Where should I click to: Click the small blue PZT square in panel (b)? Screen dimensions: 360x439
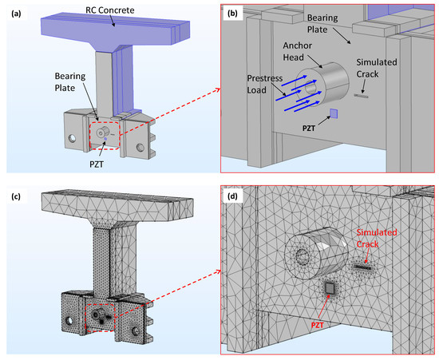(x=334, y=113)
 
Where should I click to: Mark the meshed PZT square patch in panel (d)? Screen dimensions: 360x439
(x=327, y=289)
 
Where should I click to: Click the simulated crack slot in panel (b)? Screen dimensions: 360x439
(x=363, y=101)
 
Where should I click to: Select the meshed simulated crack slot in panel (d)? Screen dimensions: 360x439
(x=364, y=267)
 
